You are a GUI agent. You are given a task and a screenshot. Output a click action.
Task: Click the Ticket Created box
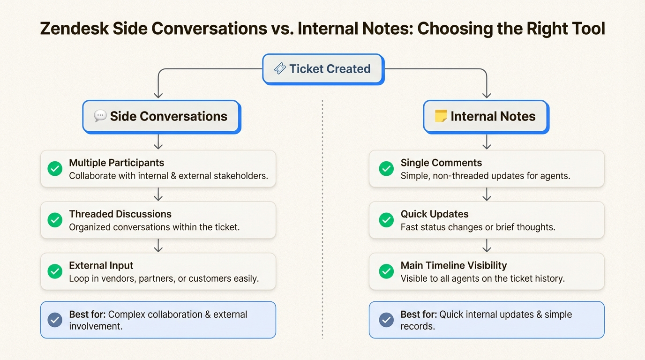click(x=323, y=69)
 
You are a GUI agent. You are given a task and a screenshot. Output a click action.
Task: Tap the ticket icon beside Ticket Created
click(x=279, y=68)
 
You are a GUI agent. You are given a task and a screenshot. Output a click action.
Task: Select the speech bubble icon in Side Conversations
click(x=100, y=116)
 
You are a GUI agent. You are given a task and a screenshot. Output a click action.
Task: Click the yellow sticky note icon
click(x=441, y=116)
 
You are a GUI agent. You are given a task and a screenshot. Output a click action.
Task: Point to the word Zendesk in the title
click(x=74, y=29)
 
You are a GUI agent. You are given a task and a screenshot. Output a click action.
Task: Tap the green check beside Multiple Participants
click(x=55, y=169)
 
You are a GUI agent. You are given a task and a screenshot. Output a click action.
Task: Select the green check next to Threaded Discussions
click(x=55, y=220)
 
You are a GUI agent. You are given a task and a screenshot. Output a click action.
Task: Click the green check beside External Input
click(x=55, y=271)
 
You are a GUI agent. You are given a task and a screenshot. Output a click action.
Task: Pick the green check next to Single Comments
click(x=386, y=169)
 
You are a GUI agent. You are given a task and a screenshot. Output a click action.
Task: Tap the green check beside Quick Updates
click(x=386, y=220)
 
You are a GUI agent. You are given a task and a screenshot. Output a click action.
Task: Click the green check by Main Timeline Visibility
click(x=386, y=271)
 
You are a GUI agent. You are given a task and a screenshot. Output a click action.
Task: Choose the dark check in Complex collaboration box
click(x=55, y=320)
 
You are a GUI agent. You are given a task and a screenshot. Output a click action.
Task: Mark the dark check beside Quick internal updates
click(x=386, y=320)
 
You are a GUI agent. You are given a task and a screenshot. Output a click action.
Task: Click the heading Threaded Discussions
click(x=120, y=214)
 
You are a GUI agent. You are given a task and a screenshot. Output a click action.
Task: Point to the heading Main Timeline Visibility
click(x=454, y=265)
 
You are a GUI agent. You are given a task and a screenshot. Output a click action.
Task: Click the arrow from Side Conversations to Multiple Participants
click(x=158, y=142)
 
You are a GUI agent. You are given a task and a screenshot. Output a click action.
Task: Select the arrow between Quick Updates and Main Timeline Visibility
click(x=487, y=245)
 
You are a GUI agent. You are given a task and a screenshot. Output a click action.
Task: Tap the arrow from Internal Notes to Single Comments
click(x=487, y=142)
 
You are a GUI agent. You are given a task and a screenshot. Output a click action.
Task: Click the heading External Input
click(x=101, y=265)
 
